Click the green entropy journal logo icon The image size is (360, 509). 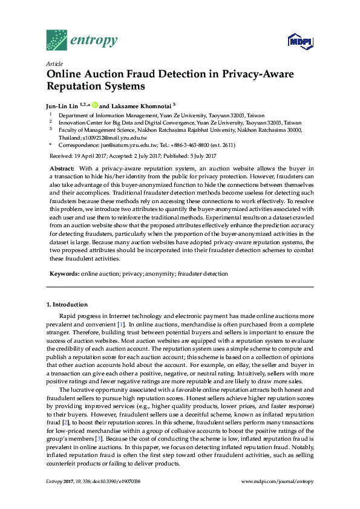click(x=57, y=40)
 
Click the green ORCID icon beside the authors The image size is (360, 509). click(x=94, y=105)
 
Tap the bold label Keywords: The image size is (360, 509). click(x=64, y=274)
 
